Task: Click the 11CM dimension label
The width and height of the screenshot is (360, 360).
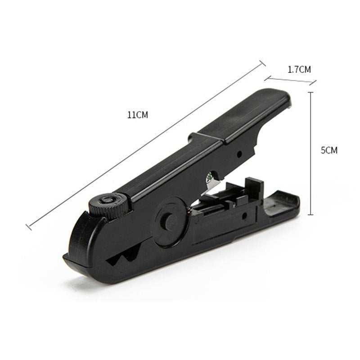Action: coord(138,115)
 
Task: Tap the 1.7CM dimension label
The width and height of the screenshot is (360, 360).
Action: coord(299,69)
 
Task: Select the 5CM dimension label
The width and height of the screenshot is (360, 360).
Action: coord(329,150)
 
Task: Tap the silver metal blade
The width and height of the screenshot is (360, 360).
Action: coord(212,182)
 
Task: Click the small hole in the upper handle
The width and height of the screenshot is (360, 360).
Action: coord(239,153)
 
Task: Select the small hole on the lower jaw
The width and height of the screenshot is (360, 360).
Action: coord(245,216)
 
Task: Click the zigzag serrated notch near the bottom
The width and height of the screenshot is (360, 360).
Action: coord(124,256)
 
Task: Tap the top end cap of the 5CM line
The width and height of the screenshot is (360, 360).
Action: coord(310,92)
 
